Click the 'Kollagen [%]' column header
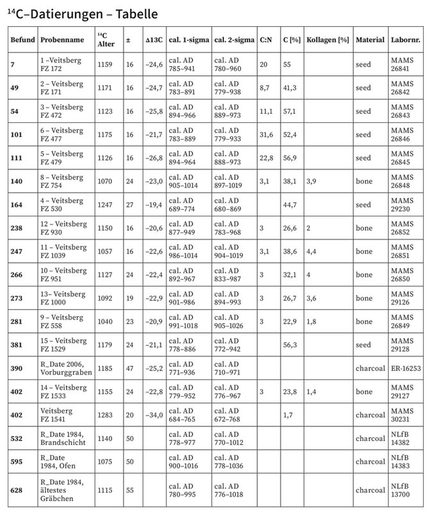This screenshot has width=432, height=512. tap(327, 40)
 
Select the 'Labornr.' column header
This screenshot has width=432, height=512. tap(404, 40)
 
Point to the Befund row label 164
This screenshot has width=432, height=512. tap(17, 205)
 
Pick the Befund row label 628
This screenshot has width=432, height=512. tap(17, 490)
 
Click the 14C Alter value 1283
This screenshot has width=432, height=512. tap(106, 415)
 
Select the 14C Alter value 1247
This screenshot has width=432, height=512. tap(106, 205)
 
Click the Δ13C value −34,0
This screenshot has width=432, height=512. tap(154, 415)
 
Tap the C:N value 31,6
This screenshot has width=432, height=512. tap(266, 134)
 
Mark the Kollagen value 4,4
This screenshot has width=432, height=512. tap(312, 252)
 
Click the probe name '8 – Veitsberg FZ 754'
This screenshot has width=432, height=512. tap(61, 181)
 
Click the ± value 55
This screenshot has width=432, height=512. tap(130, 490)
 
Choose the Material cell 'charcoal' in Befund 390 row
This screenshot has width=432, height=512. tap(371, 368)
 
